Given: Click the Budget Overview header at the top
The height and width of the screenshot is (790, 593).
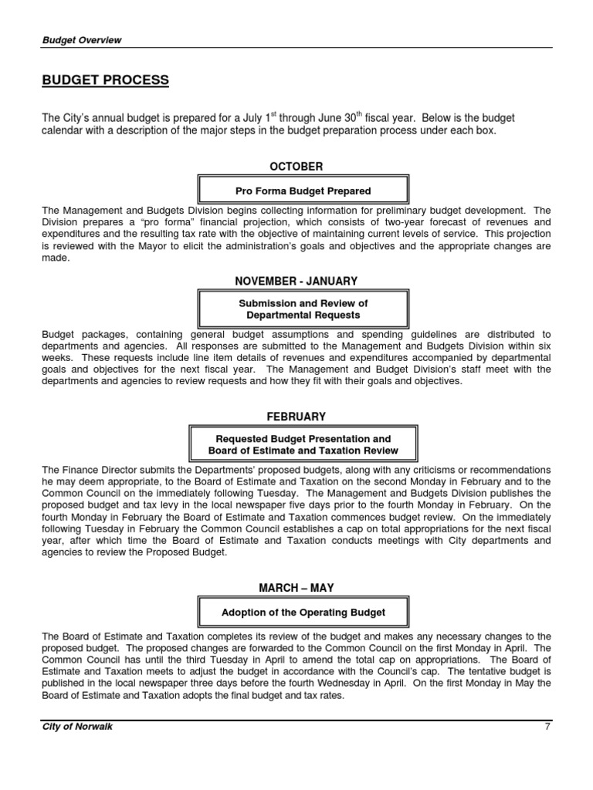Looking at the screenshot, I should [x=82, y=40].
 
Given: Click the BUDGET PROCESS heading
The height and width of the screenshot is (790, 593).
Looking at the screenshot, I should [x=105, y=81].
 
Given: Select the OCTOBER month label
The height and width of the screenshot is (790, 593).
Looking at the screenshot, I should [x=296, y=167].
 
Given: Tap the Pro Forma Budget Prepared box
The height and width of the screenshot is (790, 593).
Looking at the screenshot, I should [x=303, y=191].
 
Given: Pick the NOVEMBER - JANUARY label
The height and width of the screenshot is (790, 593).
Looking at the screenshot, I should [x=296, y=282].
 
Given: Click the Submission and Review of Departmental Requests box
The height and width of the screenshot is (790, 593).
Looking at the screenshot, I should [x=303, y=309].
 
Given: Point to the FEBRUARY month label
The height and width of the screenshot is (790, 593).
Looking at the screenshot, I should [x=296, y=417].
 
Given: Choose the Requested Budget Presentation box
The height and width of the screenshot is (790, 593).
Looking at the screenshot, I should [x=303, y=444].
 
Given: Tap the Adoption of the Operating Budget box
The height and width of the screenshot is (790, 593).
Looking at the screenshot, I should [x=303, y=613].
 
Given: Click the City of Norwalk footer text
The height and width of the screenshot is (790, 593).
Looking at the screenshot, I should [x=77, y=727].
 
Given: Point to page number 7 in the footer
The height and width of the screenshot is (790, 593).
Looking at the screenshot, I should [x=547, y=727].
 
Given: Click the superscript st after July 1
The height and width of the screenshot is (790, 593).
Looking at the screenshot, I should [x=273, y=114].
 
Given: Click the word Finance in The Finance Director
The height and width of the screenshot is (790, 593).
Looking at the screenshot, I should [x=80, y=470].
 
